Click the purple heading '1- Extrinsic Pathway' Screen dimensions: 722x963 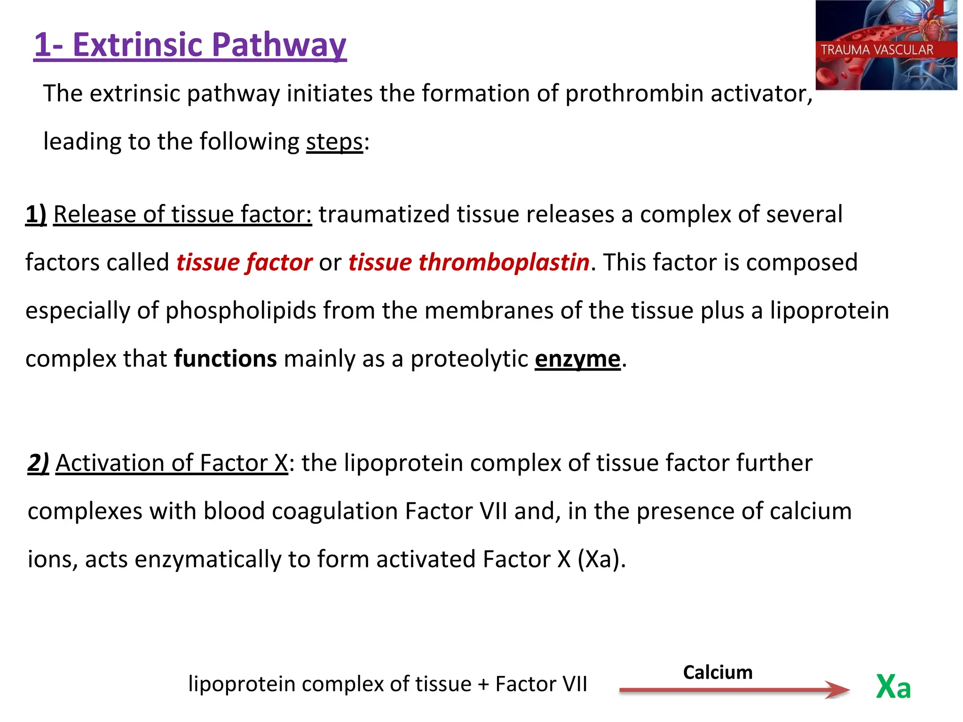[190, 45]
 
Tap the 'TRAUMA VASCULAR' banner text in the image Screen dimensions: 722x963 [876, 50]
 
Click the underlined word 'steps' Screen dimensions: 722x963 [334, 141]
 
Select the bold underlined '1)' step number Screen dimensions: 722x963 [36, 214]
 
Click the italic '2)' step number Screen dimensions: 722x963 [38, 463]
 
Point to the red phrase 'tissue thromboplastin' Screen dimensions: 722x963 [469, 262]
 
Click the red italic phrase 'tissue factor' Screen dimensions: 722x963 [244, 262]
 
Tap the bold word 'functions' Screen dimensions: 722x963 [225, 359]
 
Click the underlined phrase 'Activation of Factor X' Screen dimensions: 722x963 [172, 463]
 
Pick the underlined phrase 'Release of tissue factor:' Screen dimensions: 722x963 [182, 214]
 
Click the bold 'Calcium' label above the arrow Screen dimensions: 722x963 [718, 672]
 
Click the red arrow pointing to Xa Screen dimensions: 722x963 [734, 690]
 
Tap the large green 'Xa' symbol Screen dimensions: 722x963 [893, 687]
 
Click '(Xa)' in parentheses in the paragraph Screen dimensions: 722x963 [601, 559]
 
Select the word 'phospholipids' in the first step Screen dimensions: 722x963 [241, 311]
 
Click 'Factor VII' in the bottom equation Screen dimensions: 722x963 [541, 684]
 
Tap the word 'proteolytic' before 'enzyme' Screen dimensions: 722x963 [469, 359]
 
